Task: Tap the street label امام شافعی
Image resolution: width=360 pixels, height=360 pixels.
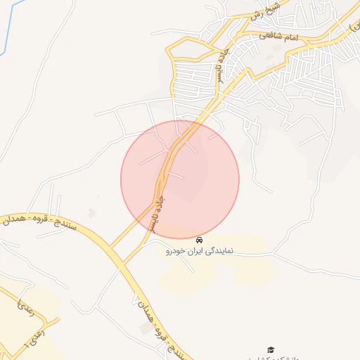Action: pos(278,34)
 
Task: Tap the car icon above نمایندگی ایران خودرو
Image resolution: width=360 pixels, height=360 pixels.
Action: pos(200,240)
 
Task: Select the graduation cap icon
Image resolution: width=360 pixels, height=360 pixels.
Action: pos(270,349)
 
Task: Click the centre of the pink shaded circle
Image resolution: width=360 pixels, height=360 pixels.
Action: pos(180,179)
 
